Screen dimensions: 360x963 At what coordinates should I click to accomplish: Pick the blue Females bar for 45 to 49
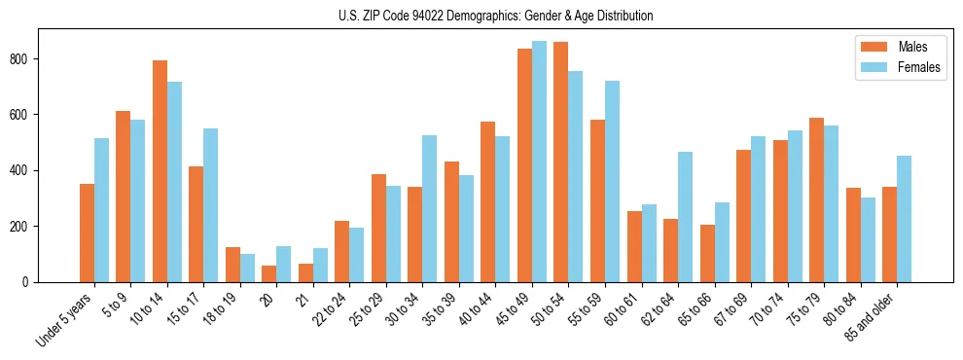click(539, 162)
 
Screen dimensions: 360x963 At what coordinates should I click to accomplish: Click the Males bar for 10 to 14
click(160, 171)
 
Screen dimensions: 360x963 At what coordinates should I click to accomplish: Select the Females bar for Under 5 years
click(101, 210)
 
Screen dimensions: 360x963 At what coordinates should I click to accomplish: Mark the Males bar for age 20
click(269, 274)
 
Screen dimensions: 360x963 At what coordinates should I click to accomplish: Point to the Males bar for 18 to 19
click(232, 265)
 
